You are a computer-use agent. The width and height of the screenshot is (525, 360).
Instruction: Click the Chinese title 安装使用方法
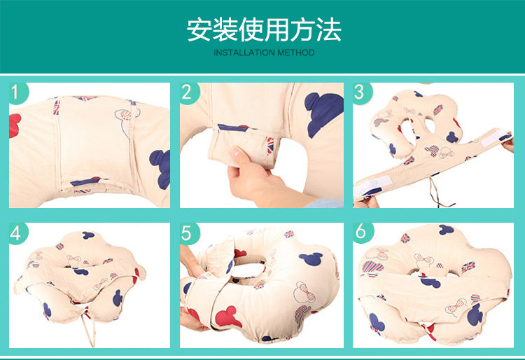click(264, 30)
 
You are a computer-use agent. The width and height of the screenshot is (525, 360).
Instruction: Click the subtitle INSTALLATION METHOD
click(264, 53)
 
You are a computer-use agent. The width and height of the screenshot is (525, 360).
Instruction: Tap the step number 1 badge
click(17, 92)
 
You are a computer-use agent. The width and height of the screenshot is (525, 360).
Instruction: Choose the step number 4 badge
click(17, 233)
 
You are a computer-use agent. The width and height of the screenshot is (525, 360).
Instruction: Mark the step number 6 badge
click(362, 232)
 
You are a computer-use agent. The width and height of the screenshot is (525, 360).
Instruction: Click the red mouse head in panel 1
click(15, 125)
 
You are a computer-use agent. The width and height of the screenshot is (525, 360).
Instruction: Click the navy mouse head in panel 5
click(311, 258)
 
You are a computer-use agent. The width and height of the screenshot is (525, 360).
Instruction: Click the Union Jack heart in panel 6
click(468, 267)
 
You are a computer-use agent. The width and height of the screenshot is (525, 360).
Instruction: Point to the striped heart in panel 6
click(372, 267)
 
